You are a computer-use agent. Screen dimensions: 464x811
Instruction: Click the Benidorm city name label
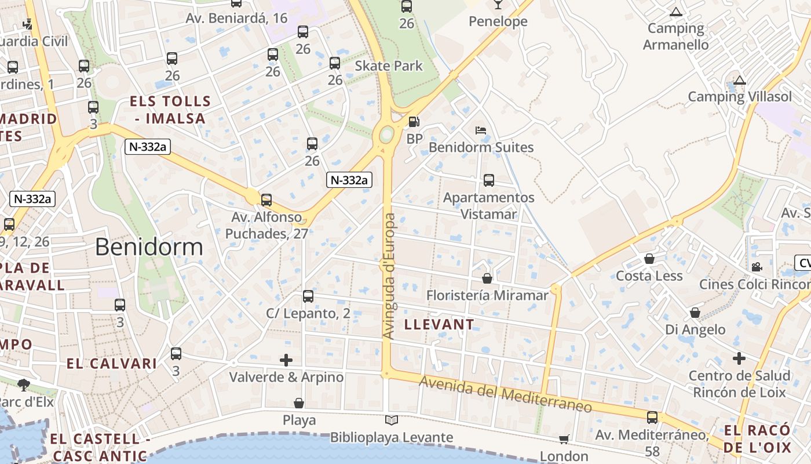tap(149, 247)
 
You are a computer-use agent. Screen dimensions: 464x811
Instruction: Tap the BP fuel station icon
tap(414, 122)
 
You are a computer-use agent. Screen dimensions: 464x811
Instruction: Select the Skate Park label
tap(389, 66)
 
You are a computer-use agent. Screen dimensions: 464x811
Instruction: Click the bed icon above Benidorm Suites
tap(481, 130)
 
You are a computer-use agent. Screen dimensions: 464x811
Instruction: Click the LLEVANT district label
tap(439, 324)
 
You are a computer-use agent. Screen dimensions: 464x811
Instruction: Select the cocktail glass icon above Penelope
tap(498, 5)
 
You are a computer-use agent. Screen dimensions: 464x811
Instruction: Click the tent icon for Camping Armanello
tap(675, 12)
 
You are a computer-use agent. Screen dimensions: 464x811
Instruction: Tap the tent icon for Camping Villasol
tap(739, 81)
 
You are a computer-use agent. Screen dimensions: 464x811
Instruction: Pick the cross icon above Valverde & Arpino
tap(286, 360)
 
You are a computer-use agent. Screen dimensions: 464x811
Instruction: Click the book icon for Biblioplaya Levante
tap(392, 420)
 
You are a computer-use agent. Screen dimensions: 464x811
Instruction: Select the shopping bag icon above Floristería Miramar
tap(487, 279)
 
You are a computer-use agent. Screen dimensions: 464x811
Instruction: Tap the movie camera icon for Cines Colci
tap(757, 267)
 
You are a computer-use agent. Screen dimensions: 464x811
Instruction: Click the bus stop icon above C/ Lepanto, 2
tap(308, 296)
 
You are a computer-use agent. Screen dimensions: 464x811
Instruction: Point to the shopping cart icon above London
tap(564, 440)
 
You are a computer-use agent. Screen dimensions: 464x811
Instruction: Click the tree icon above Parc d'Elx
tap(24, 384)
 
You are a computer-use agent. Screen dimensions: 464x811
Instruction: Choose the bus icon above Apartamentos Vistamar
tap(489, 180)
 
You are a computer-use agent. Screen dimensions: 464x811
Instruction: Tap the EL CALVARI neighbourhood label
tap(111, 364)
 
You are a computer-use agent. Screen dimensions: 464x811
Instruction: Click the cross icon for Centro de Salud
tap(739, 358)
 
